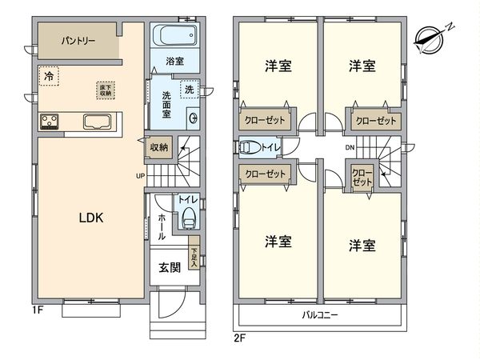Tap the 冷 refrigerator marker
(x=49, y=77)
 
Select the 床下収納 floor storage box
(x=105, y=90)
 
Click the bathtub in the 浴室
(x=174, y=36)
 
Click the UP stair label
(x=140, y=176)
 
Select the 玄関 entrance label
(x=170, y=267)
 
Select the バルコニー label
(x=320, y=315)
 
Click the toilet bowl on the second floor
(x=248, y=147)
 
